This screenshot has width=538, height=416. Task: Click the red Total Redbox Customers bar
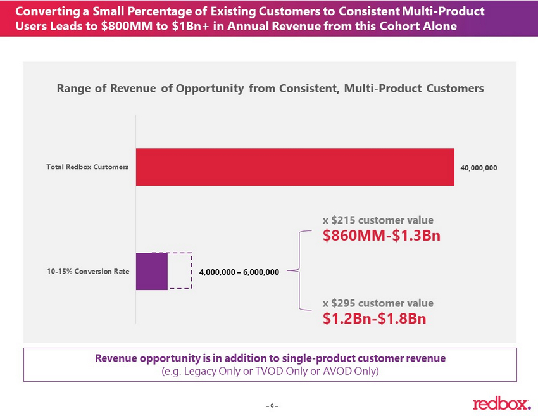[x=295, y=167]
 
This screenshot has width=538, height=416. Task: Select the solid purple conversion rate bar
[x=152, y=271]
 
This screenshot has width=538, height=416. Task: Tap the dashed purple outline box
[x=180, y=271]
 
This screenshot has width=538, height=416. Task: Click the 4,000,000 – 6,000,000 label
[x=239, y=272]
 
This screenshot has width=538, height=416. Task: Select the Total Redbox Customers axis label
[x=87, y=167]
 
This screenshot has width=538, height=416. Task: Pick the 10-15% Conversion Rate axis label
[x=87, y=271]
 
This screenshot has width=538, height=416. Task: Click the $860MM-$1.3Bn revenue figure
[x=382, y=236]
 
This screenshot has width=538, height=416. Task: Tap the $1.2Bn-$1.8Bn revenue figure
[x=375, y=318]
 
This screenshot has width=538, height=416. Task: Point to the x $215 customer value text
[x=378, y=220]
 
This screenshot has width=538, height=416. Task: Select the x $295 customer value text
[x=378, y=303]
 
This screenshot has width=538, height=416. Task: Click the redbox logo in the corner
[x=501, y=403]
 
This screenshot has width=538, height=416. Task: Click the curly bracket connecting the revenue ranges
[x=300, y=271]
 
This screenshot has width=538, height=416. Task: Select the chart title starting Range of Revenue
[x=270, y=89]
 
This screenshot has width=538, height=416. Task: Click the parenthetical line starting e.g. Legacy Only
[x=270, y=371]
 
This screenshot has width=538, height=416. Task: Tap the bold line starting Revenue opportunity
[x=270, y=358]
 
